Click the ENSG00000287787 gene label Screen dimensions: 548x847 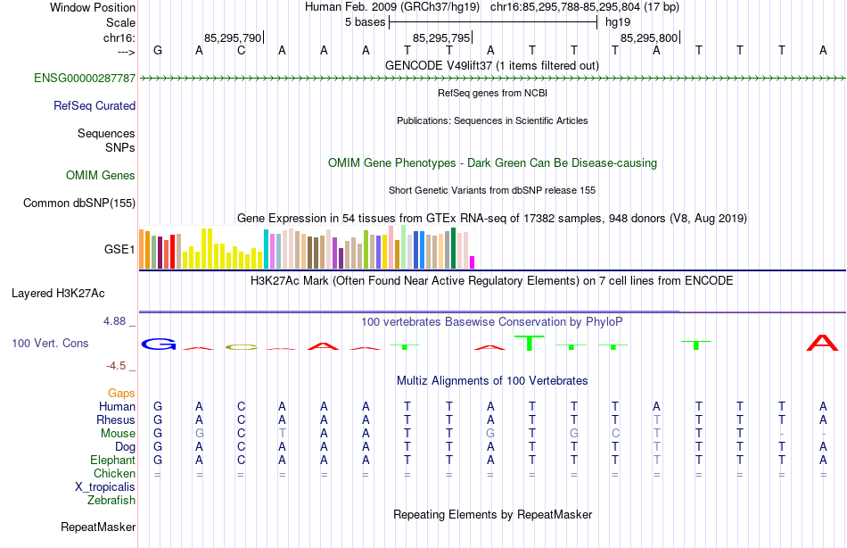(x=85, y=78)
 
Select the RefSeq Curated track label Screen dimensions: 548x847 (x=95, y=105)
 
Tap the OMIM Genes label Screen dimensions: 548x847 (x=101, y=175)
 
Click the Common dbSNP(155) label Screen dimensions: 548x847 (x=79, y=203)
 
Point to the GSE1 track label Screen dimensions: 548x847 (x=119, y=249)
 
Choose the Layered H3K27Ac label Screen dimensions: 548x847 (x=58, y=293)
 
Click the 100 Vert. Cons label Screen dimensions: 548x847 (x=51, y=343)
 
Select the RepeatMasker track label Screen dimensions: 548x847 (x=98, y=527)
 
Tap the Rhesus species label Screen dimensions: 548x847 (x=116, y=419)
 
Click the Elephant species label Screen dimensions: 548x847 (x=113, y=460)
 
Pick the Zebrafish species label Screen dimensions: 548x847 (x=111, y=500)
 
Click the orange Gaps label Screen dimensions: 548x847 (x=121, y=393)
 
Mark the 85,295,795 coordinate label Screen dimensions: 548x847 (x=440, y=37)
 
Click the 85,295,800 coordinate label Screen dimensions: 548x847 (x=649, y=37)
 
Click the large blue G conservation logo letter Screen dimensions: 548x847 (x=159, y=344)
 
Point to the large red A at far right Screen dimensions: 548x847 (x=822, y=343)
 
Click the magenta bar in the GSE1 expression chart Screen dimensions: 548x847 (x=473, y=262)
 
